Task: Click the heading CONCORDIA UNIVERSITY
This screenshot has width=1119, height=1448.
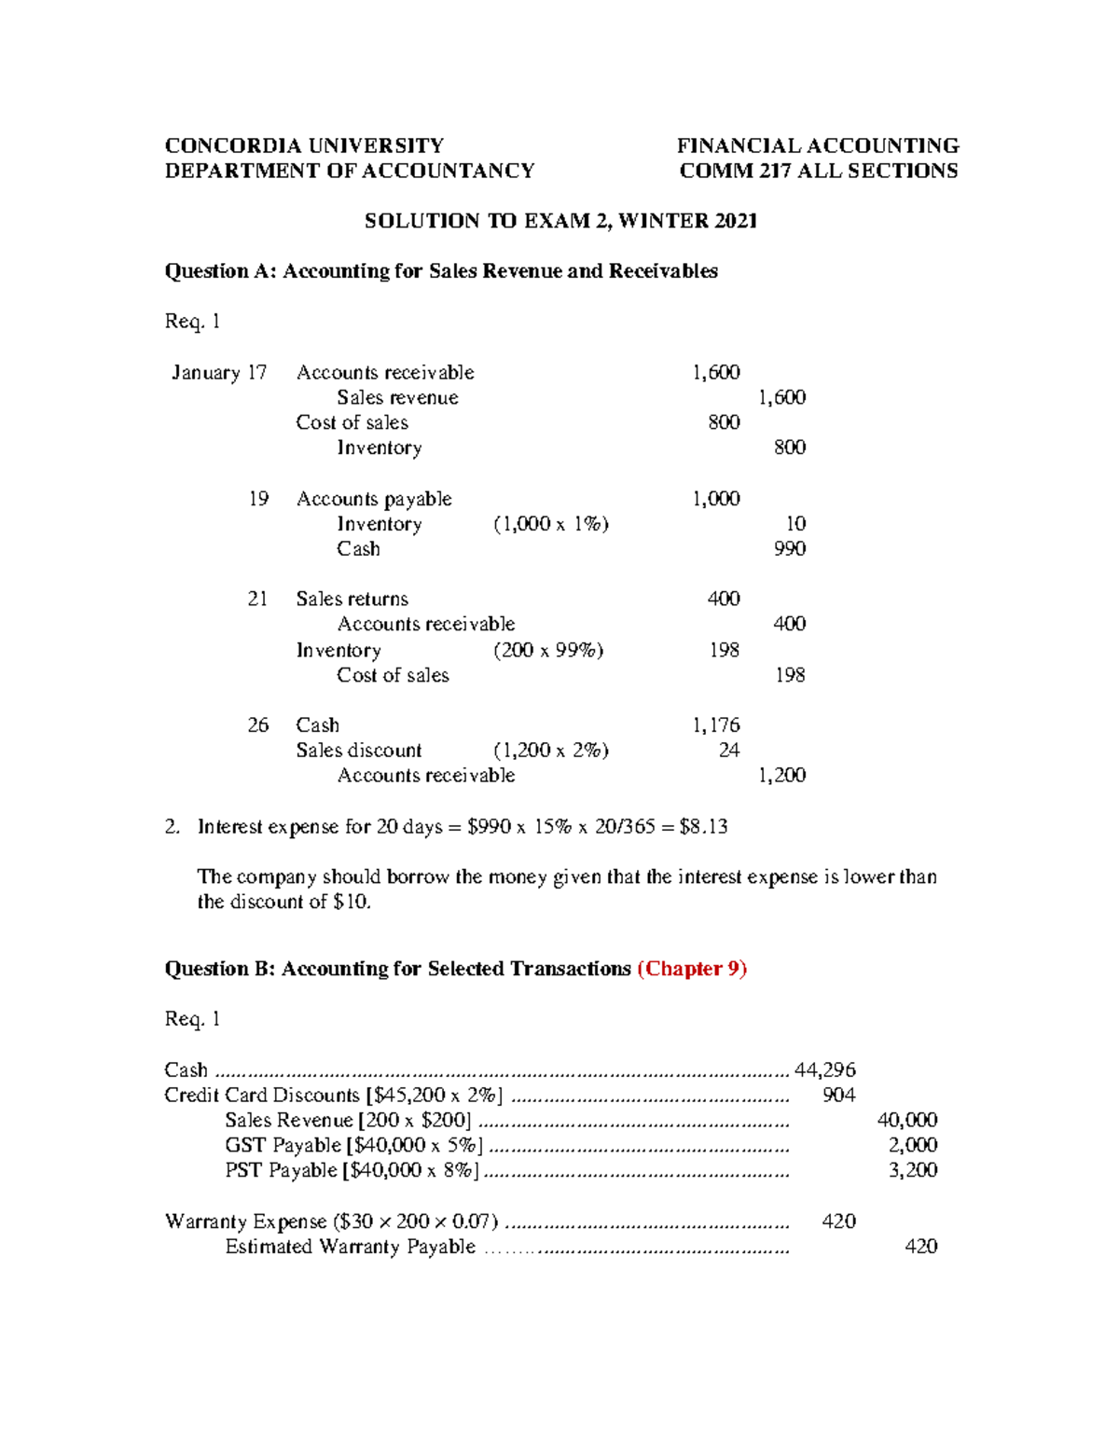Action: click(304, 145)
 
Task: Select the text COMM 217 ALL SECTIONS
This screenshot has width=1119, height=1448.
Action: click(818, 171)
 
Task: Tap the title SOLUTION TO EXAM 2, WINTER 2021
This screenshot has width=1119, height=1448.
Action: click(560, 221)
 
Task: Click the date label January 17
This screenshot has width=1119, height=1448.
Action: click(219, 373)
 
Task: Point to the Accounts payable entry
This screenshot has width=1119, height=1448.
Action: click(374, 499)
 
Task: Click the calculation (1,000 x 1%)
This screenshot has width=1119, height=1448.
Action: click(550, 524)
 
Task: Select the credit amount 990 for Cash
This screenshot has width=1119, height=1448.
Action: click(790, 549)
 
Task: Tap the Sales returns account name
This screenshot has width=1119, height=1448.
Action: click(352, 599)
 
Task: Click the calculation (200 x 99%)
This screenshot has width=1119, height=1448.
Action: click(548, 650)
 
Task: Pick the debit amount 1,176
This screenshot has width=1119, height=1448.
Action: click(715, 725)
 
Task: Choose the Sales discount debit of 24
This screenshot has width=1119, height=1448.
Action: click(728, 751)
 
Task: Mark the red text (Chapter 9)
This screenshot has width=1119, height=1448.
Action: click(692, 969)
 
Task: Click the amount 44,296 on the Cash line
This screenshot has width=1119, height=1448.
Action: click(824, 1070)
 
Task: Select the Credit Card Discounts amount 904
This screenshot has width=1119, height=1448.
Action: click(838, 1096)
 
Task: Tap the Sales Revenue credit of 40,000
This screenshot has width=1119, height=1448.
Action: click(906, 1121)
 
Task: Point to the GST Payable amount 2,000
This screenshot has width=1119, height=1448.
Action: click(912, 1146)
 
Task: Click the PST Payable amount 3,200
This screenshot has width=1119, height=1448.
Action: click(912, 1171)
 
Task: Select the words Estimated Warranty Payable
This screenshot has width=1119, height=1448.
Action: click(350, 1248)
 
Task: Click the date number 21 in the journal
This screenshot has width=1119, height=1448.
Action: click(258, 599)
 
